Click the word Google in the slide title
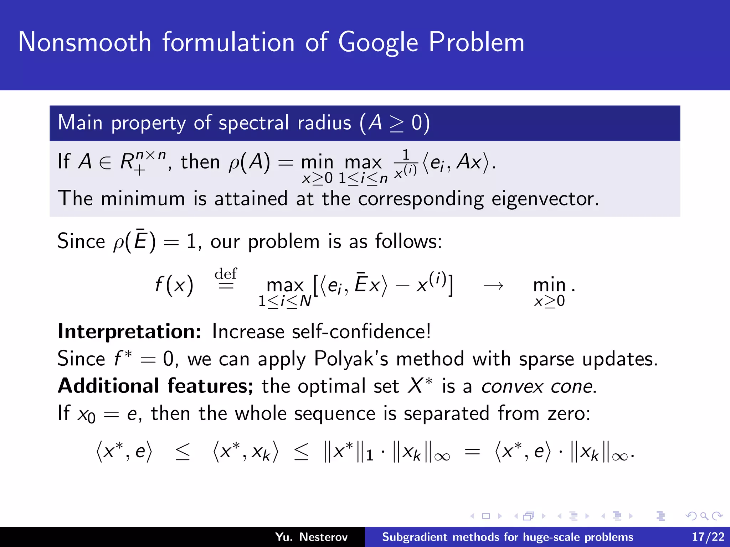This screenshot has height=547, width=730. click(378, 43)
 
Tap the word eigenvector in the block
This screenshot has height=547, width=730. click(544, 199)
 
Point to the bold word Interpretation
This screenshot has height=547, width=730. click(129, 332)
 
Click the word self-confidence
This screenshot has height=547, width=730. click(361, 332)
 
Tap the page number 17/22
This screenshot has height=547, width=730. click(708, 537)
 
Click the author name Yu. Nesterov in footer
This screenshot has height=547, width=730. click(311, 537)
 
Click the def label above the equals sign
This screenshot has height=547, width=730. click(226, 274)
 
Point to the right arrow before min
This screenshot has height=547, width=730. click(493, 286)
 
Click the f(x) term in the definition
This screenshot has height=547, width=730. click(174, 285)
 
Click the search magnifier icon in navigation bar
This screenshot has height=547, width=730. click(704, 516)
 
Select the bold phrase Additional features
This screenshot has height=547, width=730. click(155, 386)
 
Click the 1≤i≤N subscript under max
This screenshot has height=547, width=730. click(285, 302)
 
